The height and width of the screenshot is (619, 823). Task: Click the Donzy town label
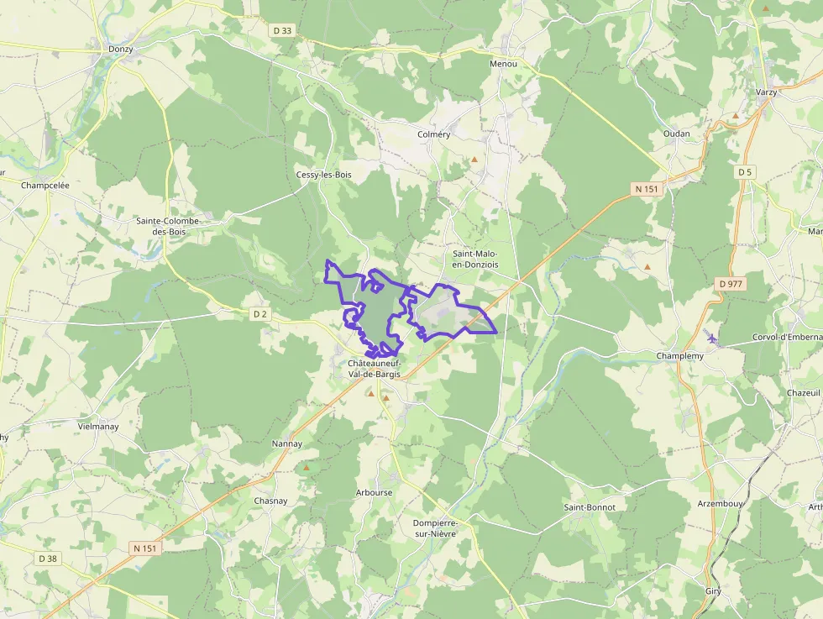(x=120, y=50)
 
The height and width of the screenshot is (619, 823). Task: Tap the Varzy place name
(x=766, y=92)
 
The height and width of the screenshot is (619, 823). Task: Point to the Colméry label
(x=434, y=134)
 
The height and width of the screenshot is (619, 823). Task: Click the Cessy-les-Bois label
(x=323, y=175)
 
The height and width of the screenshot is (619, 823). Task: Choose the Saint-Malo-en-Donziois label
(x=475, y=259)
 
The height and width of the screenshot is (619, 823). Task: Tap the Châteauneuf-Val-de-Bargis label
(x=375, y=368)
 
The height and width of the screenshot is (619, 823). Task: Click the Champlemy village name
(x=679, y=356)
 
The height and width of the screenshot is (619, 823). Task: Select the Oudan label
(x=676, y=134)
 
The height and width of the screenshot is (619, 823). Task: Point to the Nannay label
(x=286, y=443)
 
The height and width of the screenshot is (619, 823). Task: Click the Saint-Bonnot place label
(x=590, y=507)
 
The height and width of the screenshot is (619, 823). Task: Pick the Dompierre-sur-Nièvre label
(x=435, y=527)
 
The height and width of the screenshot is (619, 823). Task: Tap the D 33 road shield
(x=282, y=31)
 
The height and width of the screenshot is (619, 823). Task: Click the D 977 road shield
(x=731, y=284)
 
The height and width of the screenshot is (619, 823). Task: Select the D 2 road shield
(x=260, y=314)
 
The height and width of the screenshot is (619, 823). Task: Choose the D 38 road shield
(x=48, y=558)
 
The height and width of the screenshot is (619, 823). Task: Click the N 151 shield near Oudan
(x=647, y=189)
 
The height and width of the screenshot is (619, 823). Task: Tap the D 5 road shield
(x=743, y=172)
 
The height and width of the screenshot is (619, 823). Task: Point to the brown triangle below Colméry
(x=474, y=159)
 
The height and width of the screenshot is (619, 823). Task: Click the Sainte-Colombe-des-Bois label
(x=168, y=226)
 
